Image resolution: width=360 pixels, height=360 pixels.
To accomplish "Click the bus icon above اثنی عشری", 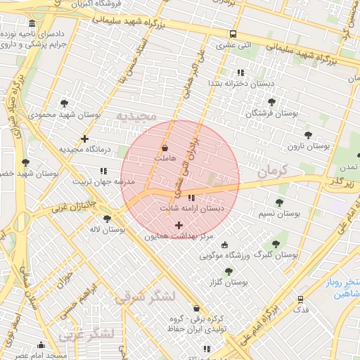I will tap(233, 34).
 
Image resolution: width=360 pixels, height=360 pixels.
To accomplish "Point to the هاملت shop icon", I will tap(165, 148).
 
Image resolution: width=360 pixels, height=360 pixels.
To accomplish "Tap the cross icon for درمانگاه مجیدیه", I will tap(85, 139).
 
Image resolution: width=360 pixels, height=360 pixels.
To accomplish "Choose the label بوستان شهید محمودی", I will tap(63, 113).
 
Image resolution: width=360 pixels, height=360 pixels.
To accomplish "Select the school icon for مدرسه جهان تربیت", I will tap(104, 171).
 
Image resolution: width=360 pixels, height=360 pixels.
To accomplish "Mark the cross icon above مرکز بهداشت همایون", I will tap(179, 226).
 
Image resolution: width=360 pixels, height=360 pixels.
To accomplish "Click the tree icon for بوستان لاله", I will tap(107, 219).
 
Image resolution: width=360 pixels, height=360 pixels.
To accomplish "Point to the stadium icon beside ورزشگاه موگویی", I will tap(224, 245).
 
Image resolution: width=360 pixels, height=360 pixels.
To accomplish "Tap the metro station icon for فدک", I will tap(301, 300).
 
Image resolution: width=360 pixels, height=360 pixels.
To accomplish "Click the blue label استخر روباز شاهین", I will tap(338, 288).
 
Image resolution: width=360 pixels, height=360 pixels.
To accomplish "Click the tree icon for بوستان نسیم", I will tap(279, 202).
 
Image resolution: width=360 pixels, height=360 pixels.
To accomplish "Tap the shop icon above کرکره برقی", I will tap(195, 308).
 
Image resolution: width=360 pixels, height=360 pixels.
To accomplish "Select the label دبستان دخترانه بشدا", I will tap(239, 83).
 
